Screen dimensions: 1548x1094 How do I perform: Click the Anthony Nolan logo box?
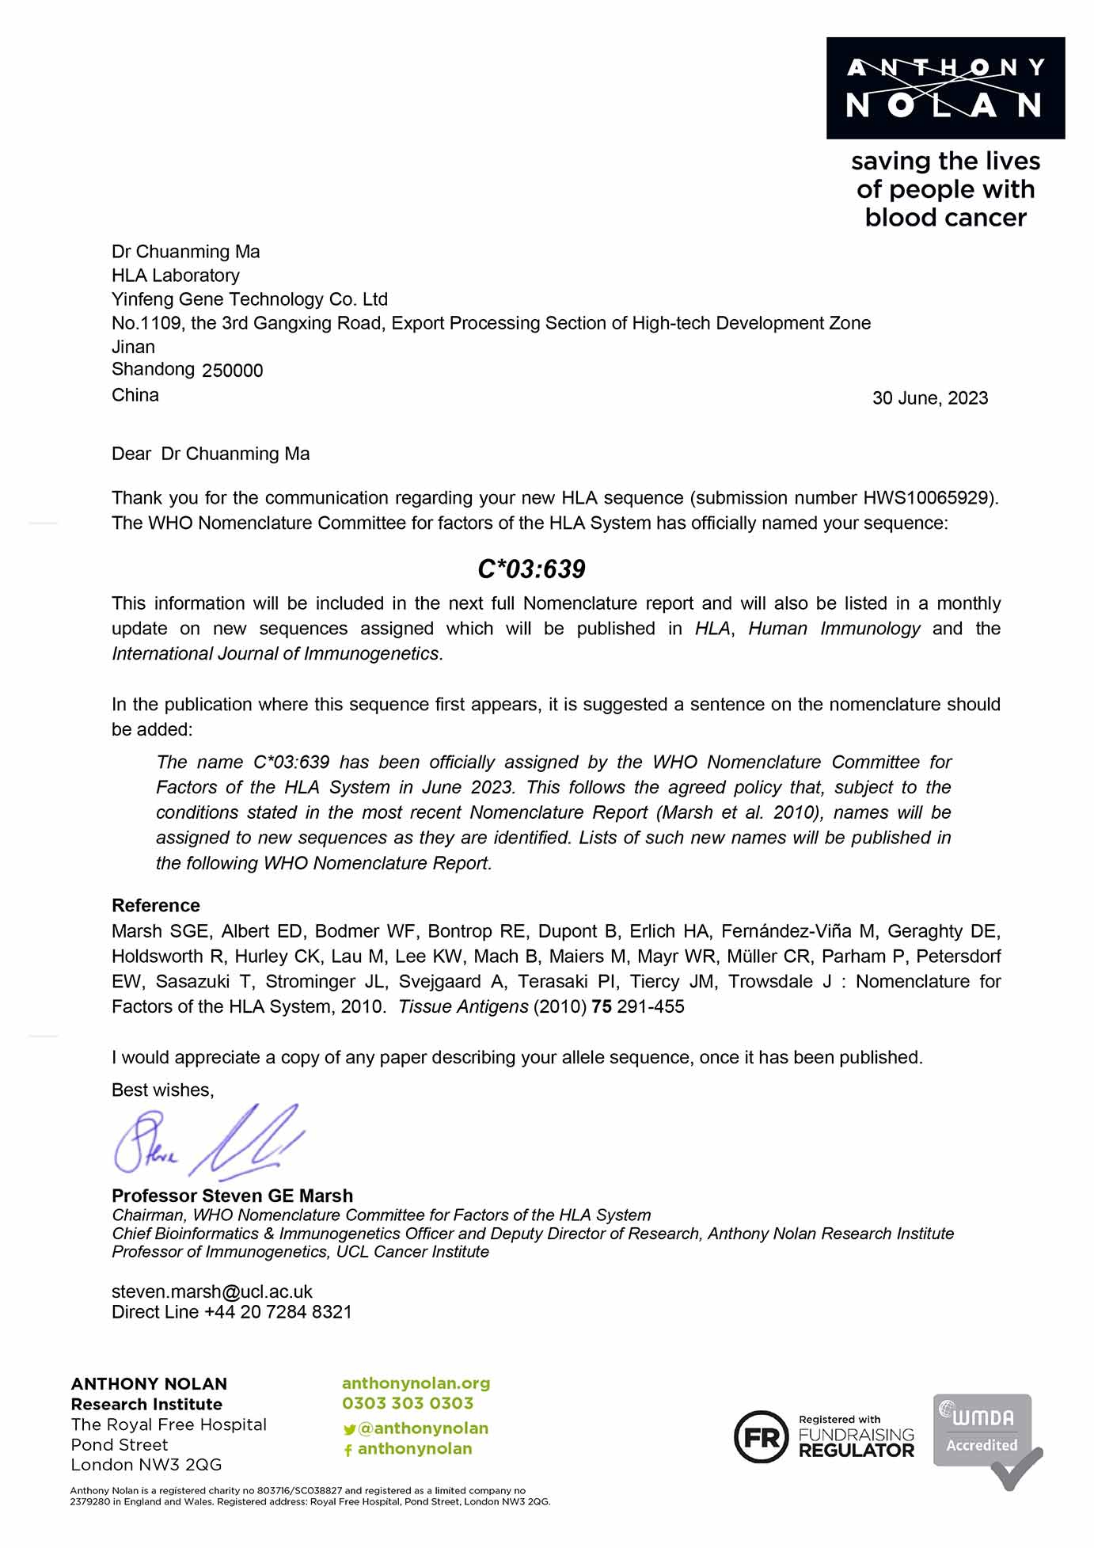[x=945, y=88]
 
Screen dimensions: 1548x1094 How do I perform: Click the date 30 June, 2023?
[x=929, y=398]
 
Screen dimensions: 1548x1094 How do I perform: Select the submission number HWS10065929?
[x=926, y=498]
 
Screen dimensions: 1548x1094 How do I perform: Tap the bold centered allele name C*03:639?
[x=531, y=569]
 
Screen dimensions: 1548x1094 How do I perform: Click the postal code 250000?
[x=232, y=371]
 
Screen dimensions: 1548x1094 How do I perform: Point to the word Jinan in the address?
[x=133, y=347]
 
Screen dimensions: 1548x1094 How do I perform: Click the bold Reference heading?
[x=155, y=905]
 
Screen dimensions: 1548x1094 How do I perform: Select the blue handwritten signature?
[x=207, y=1141]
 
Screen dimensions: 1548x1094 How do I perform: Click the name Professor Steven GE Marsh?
[x=232, y=1196]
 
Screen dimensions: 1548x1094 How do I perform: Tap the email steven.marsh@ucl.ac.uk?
[x=211, y=1291]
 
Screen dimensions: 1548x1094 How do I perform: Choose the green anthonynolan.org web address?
[x=416, y=1383]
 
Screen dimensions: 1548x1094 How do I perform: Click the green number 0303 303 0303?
[x=407, y=1403]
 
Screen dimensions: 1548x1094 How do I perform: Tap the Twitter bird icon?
[x=349, y=1430]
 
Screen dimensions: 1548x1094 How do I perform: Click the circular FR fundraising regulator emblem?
[x=761, y=1436]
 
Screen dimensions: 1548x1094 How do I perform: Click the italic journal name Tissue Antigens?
[x=463, y=1006]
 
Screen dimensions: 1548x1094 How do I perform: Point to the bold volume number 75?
[x=601, y=1006]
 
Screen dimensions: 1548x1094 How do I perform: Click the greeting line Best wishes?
[x=162, y=1090]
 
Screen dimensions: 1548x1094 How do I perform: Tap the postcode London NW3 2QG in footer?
[x=146, y=1464]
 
